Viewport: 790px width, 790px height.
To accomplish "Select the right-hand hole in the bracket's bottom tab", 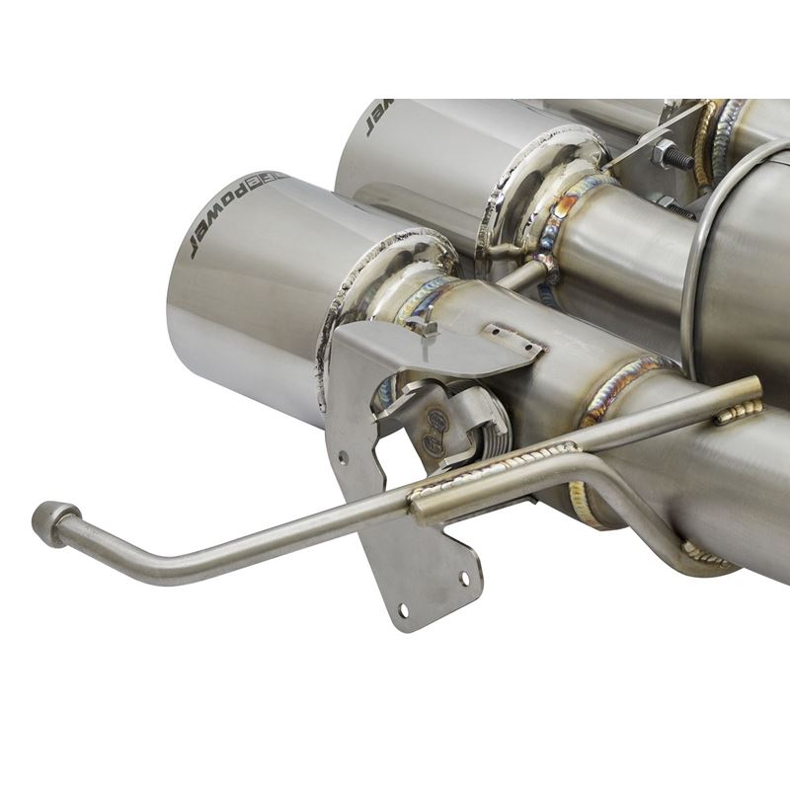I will pos(464,576).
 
